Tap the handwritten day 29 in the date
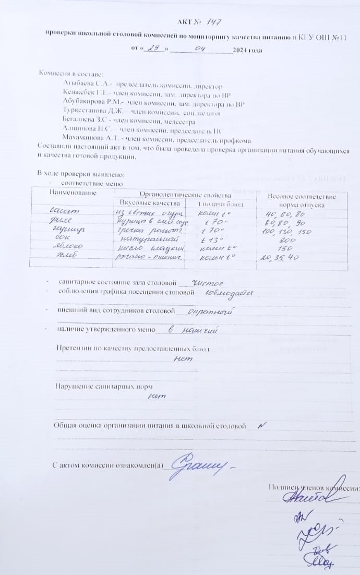click(153, 49)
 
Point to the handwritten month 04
click(200, 49)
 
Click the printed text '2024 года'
click(248, 51)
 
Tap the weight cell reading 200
click(287, 240)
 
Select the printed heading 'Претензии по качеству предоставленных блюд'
click(133, 349)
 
